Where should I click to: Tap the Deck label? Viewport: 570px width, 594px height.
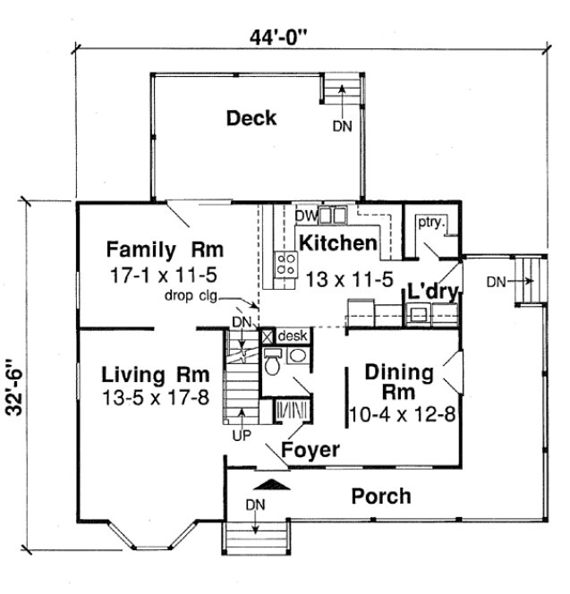(251, 118)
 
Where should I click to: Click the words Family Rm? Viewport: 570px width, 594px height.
(165, 248)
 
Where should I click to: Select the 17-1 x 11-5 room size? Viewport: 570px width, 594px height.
(164, 273)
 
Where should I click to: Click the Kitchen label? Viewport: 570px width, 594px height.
(336, 243)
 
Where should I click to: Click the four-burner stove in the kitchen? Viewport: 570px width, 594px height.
(286, 265)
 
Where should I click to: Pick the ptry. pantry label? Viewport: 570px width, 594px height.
(431, 222)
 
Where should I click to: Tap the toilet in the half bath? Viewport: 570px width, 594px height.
(273, 362)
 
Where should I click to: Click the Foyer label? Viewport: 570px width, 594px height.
(310, 449)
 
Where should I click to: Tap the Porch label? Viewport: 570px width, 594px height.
(380, 495)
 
